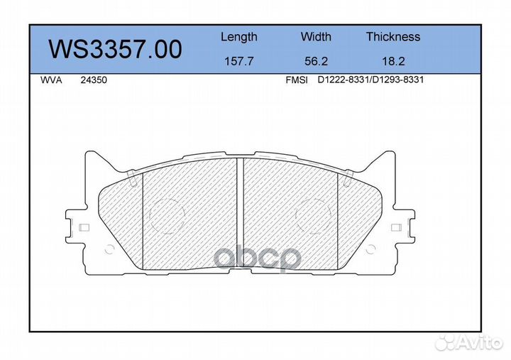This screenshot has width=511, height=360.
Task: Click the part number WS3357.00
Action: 116,50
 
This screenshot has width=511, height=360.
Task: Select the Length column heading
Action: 239,37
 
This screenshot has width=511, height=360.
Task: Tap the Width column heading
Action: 316,36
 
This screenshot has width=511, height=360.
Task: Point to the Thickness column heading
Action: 393,36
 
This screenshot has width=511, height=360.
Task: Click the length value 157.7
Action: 239,61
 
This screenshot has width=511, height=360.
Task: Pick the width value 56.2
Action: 316,61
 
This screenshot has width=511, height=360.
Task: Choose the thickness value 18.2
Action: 393,61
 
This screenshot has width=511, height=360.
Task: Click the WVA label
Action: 51,80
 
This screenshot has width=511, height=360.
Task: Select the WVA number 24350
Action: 94,80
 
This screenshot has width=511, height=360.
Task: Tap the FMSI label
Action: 297,80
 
